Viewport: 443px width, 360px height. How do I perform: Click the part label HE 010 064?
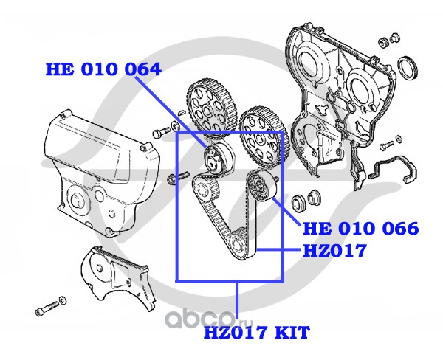pyautogui.click(x=103, y=69)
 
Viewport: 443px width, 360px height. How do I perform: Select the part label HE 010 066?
pyautogui.click(x=361, y=229)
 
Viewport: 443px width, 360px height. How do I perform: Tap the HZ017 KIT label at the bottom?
pyautogui.click(x=257, y=333)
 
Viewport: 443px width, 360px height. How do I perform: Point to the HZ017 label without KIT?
pyautogui.click(x=334, y=250)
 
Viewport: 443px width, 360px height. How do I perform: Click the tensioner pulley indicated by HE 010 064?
pyautogui.click(x=219, y=159)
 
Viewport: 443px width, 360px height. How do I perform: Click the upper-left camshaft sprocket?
pyautogui.click(x=211, y=109)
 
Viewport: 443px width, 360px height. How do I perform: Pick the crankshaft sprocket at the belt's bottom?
pyautogui.click(x=238, y=243)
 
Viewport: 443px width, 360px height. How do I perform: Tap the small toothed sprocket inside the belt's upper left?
pyautogui.click(x=205, y=189)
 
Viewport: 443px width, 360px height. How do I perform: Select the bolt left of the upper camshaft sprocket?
pyautogui.click(x=161, y=132)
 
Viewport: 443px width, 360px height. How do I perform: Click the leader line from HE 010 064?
pyautogui.click(x=171, y=112)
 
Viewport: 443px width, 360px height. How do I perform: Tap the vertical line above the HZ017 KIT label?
pyautogui.click(x=237, y=303)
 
